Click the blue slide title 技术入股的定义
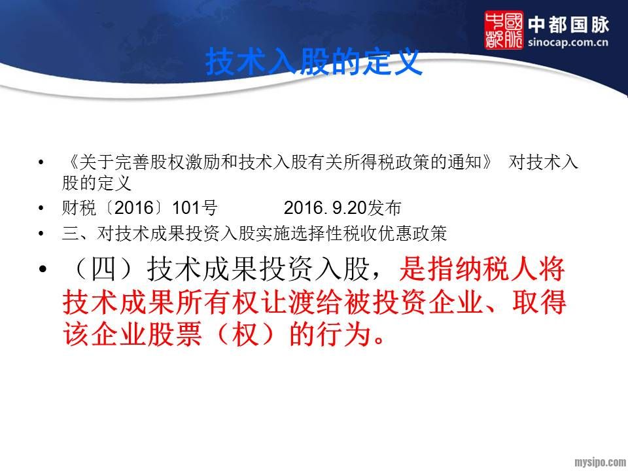coord(314,61)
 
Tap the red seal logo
coord(504,30)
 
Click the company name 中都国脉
coord(568,25)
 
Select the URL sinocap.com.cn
coord(568,42)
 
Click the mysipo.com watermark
coord(601,462)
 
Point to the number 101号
coord(195,208)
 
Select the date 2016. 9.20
coord(325,208)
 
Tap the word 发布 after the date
coord(385,208)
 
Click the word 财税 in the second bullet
coord(79,208)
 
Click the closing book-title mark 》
coord(487,162)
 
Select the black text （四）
coord(104,269)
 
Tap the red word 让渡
coord(288,302)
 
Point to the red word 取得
coord(539,302)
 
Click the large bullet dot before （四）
coord(42,269)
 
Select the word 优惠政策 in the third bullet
coord(412,234)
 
